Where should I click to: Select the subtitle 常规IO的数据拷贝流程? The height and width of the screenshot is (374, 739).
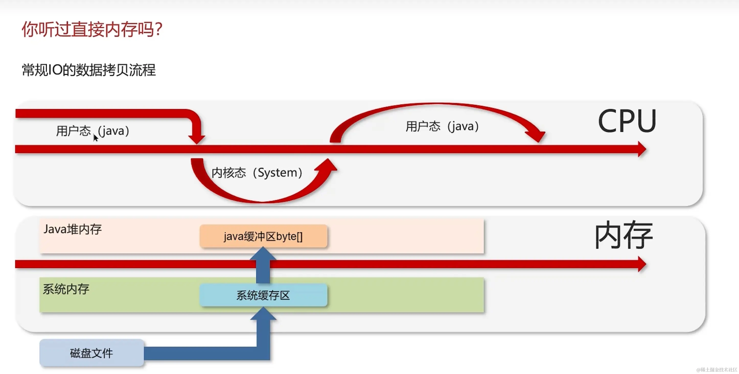(x=89, y=70)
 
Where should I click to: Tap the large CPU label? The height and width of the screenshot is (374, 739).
(x=627, y=121)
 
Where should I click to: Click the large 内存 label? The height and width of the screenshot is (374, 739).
(x=624, y=235)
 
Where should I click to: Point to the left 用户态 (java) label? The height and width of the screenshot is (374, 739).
(x=93, y=131)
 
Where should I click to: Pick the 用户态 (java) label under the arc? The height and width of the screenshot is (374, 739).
(x=442, y=126)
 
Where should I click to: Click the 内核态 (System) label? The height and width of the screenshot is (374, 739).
(x=257, y=173)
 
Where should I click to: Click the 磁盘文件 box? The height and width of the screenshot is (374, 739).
(x=91, y=353)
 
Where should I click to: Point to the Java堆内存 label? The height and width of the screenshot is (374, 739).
(x=73, y=229)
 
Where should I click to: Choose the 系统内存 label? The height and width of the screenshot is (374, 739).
(x=66, y=289)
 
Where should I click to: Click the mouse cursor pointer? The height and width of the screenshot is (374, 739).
(x=96, y=138)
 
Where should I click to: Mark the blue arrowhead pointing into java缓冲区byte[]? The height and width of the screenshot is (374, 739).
(x=263, y=254)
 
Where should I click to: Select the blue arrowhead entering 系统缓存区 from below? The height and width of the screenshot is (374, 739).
(x=263, y=313)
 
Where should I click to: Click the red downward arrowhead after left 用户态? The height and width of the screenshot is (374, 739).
(x=197, y=139)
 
